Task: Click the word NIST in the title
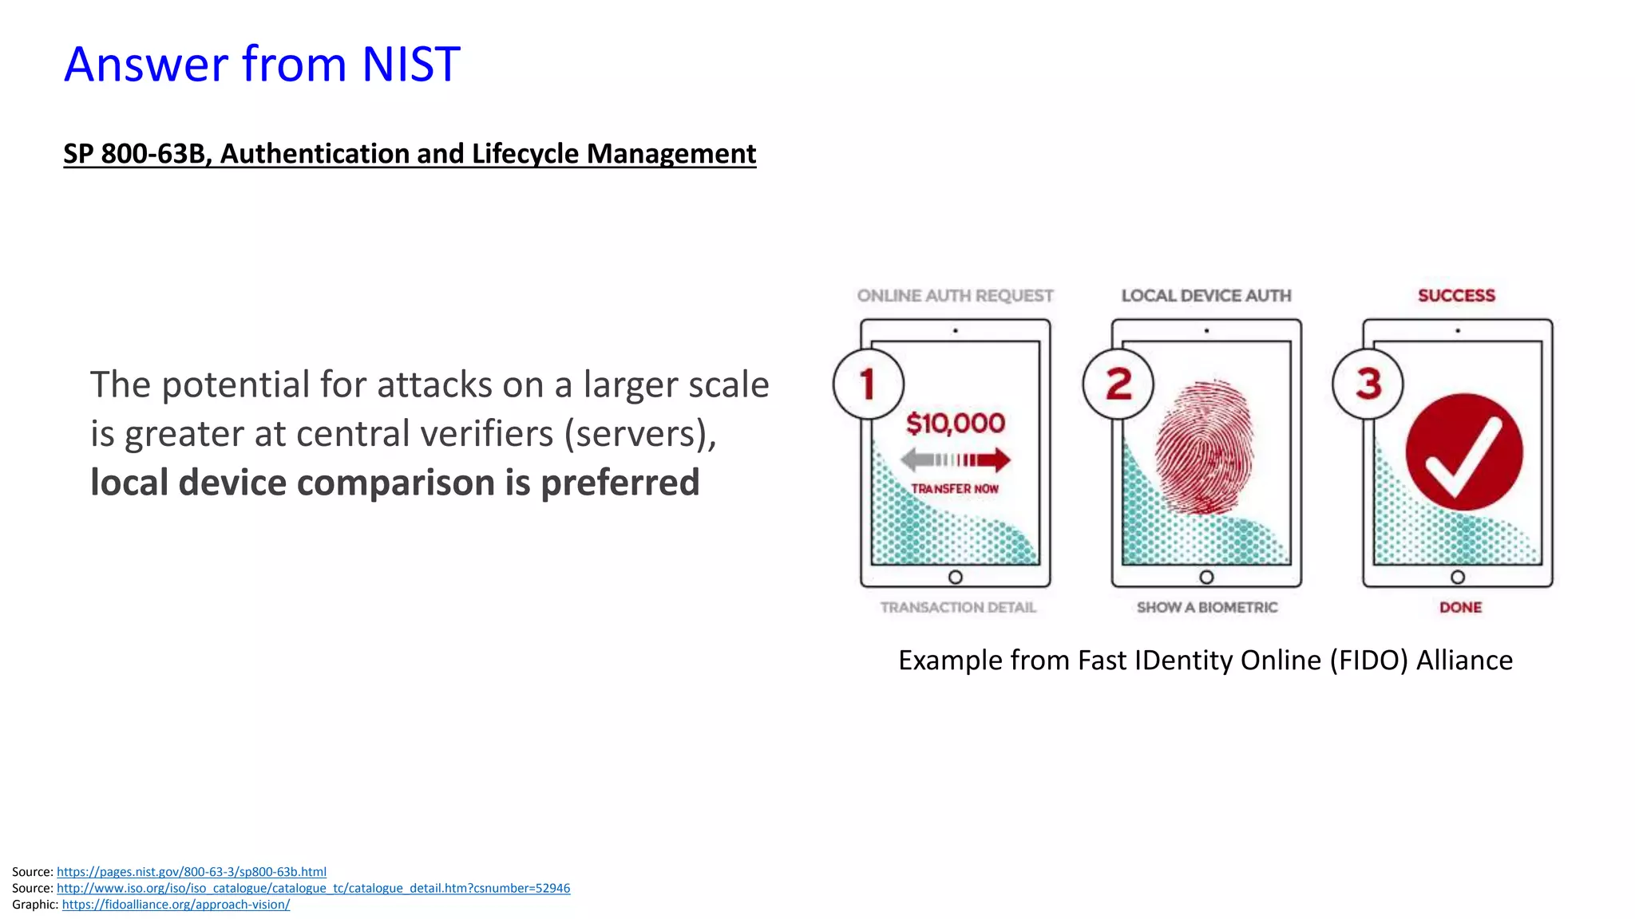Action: (410, 64)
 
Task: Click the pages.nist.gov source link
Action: (192, 872)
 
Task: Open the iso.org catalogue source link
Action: (313, 888)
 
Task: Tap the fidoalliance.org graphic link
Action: (176, 905)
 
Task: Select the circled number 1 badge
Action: (868, 384)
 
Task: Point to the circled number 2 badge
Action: (1118, 384)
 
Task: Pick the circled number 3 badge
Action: (1368, 384)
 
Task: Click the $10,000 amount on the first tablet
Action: (956, 423)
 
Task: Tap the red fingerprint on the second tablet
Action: (1205, 447)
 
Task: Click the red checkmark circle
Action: (1464, 452)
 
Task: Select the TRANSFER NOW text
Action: (955, 488)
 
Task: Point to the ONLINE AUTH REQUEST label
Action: (955, 296)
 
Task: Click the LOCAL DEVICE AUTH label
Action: (1206, 296)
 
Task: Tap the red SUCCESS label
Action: (1456, 296)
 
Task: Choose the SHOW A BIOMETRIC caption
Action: (1207, 607)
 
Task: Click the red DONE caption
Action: (1460, 607)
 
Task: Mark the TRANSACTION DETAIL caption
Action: (958, 607)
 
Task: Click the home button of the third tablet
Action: (1458, 577)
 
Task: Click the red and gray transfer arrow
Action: (955, 459)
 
